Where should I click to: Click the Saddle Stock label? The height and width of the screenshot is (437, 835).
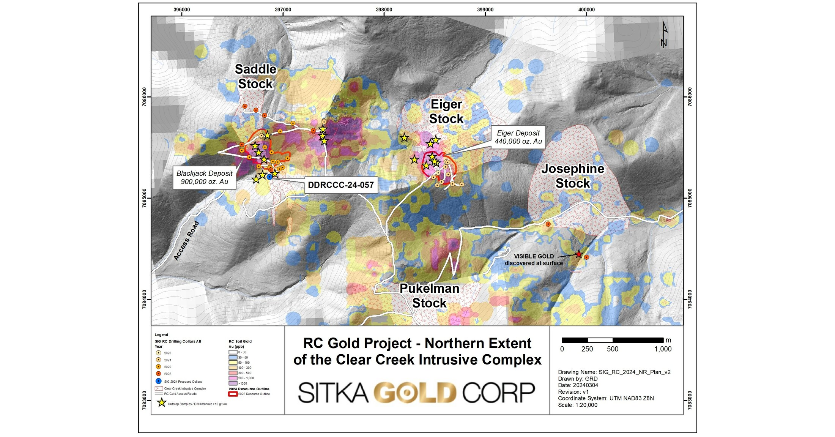(x=255, y=76)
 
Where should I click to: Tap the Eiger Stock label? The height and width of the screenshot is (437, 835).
(x=446, y=111)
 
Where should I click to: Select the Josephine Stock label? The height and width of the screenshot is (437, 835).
(x=573, y=176)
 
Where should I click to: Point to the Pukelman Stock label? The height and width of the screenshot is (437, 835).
(x=429, y=295)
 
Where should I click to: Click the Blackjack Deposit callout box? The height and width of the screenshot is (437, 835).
(x=204, y=177)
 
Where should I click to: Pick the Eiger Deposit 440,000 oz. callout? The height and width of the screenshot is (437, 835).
(x=518, y=137)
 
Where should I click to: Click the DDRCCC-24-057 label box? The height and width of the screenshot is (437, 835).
(x=341, y=185)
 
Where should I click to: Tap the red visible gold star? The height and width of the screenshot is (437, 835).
(x=578, y=254)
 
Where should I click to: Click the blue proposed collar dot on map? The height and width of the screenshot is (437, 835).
(x=269, y=177)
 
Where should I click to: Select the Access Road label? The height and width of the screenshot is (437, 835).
(x=186, y=241)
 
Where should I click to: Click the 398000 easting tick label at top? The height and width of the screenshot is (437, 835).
(x=384, y=9)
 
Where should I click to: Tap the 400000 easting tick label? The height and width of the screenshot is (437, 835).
(x=586, y=9)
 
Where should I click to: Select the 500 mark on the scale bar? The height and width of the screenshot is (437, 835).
(x=612, y=349)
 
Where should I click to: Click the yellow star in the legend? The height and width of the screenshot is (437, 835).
(x=162, y=403)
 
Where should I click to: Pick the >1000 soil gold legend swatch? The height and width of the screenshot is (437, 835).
(x=233, y=383)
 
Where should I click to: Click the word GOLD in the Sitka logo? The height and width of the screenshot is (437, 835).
(x=415, y=393)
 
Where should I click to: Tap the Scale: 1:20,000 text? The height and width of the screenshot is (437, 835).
(x=577, y=405)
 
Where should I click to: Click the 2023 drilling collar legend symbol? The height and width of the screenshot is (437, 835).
(x=159, y=374)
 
